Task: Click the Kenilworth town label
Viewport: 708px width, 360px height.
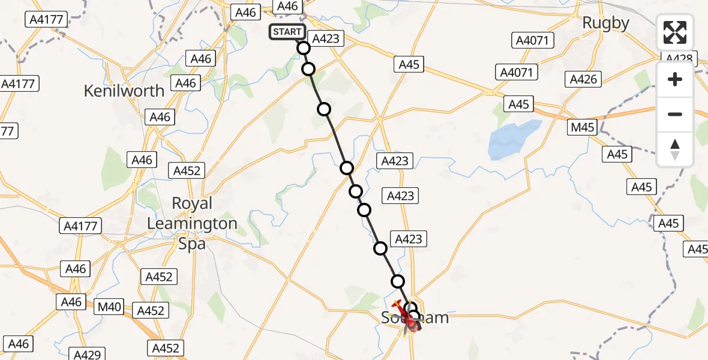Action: point(124,91)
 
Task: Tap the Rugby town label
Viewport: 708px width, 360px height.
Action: point(607,23)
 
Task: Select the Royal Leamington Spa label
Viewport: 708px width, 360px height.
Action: point(192,223)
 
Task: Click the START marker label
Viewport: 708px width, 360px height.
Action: point(287,32)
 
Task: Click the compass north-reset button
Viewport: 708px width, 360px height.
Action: point(675,149)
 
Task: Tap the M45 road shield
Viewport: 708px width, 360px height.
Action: point(583,127)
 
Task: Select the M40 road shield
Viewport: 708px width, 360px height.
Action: point(110,308)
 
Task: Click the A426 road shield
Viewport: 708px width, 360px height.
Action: point(583,79)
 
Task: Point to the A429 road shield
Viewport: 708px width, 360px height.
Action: point(88,354)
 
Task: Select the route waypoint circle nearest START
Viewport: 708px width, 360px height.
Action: point(303,48)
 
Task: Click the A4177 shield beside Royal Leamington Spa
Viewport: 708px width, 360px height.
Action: point(80,226)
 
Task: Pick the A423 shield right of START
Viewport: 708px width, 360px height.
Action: point(326,39)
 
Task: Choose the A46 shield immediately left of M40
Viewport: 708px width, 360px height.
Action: point(71,302)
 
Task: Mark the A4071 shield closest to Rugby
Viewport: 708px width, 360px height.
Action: point(534,41)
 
